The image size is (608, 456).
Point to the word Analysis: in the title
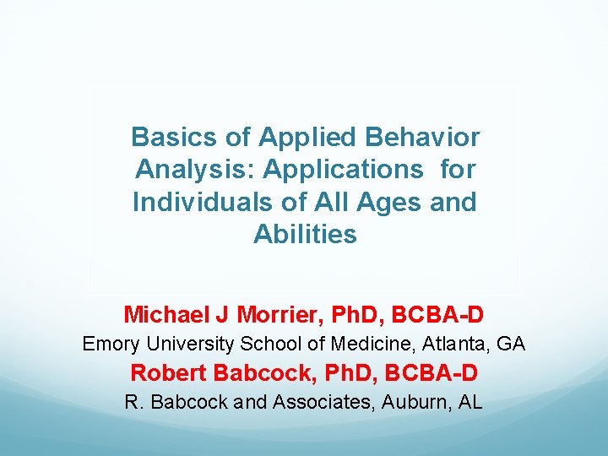194,170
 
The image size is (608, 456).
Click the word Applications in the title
343,170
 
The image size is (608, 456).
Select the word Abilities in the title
305,235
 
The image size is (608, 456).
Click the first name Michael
166,315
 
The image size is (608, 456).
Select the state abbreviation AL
470,402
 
